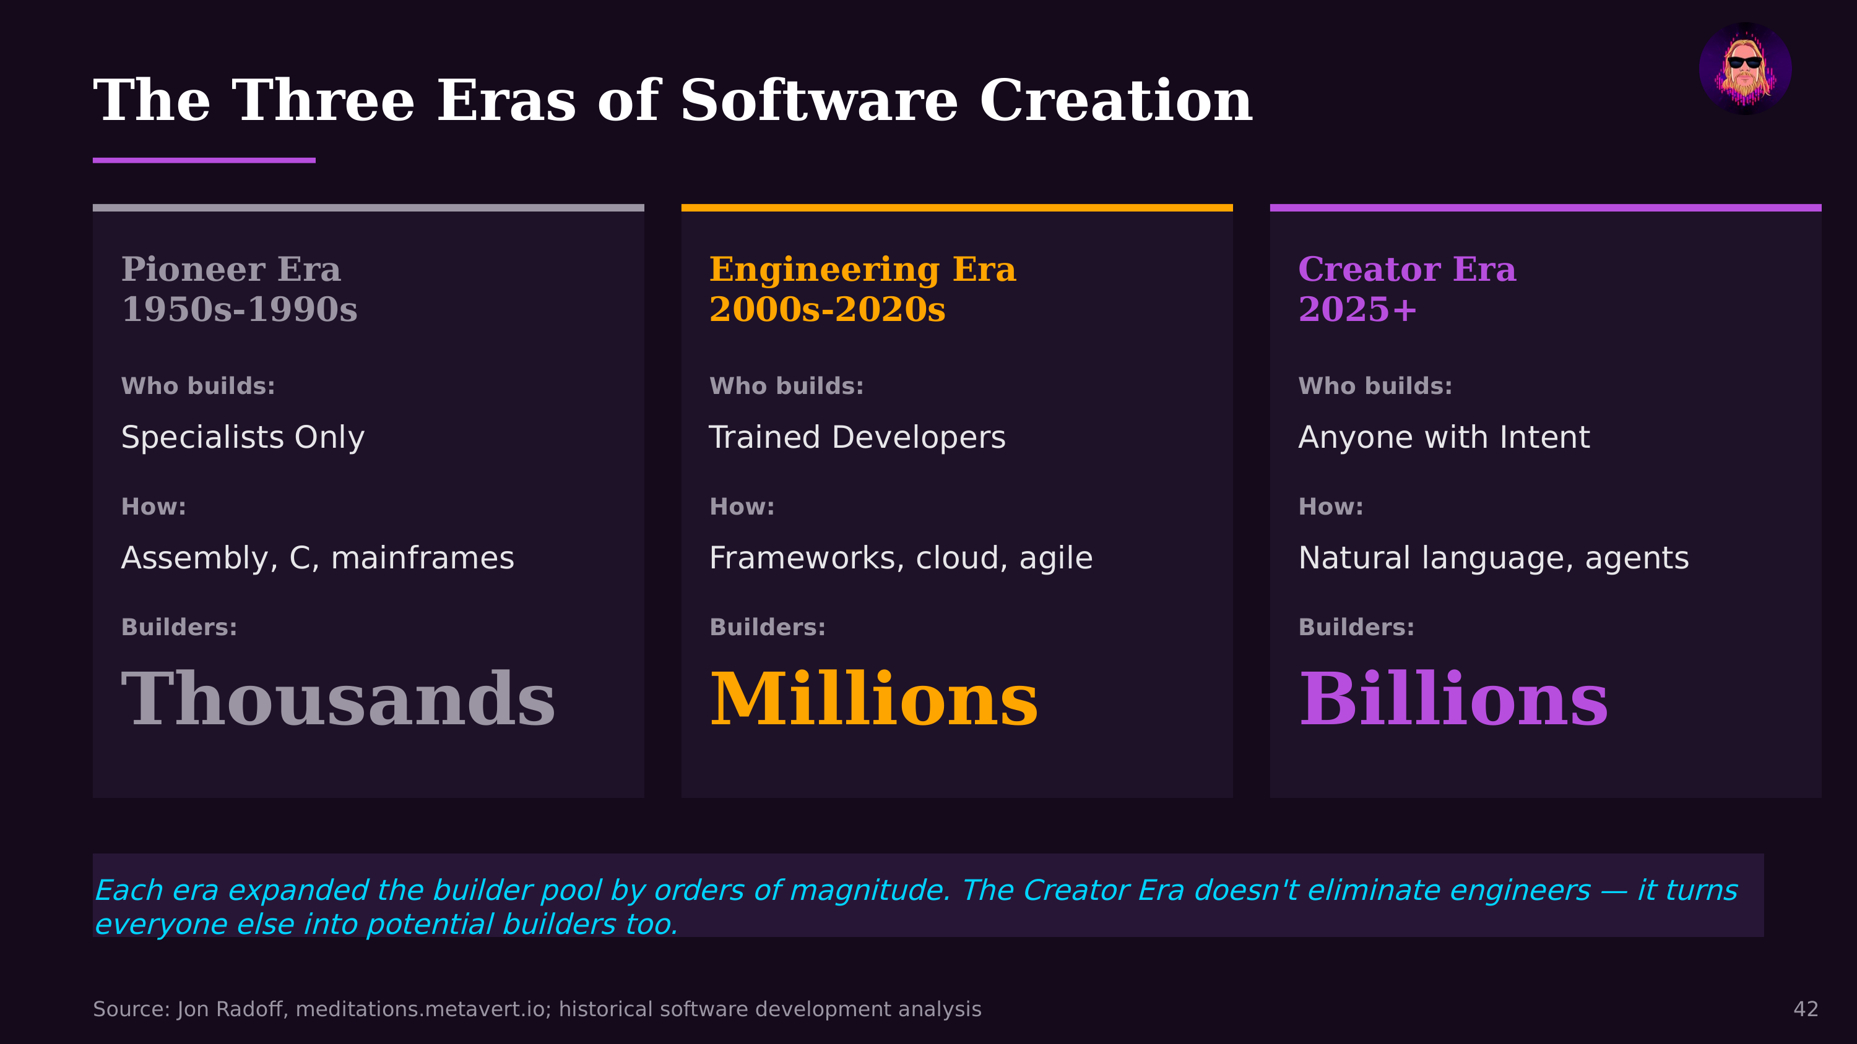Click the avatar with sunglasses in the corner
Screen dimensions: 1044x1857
(1744, 69)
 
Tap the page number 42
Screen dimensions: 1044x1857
(1805, 1009)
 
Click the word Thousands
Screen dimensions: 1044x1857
(338, 699)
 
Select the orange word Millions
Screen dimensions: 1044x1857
(873, 699)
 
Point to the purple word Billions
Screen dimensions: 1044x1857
(1453, 699)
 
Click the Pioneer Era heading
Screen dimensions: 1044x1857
(231, 270)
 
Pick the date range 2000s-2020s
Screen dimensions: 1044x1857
(827, 309)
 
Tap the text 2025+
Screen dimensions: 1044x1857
(1357, 309)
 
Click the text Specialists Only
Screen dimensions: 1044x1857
(243, 437)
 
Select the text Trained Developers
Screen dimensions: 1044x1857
(857, 437)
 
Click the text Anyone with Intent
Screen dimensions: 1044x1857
(1444, 437)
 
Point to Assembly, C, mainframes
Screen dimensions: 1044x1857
(317, 558)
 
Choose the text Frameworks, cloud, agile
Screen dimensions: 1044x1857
(901, 558)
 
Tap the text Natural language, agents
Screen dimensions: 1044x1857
(1493, 558)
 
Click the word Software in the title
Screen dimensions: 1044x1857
(819, 101)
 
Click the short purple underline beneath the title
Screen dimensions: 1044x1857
(204, 160)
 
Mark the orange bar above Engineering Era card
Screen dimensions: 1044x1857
(956, 208)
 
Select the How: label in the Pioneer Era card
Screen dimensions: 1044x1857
(154, 507)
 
